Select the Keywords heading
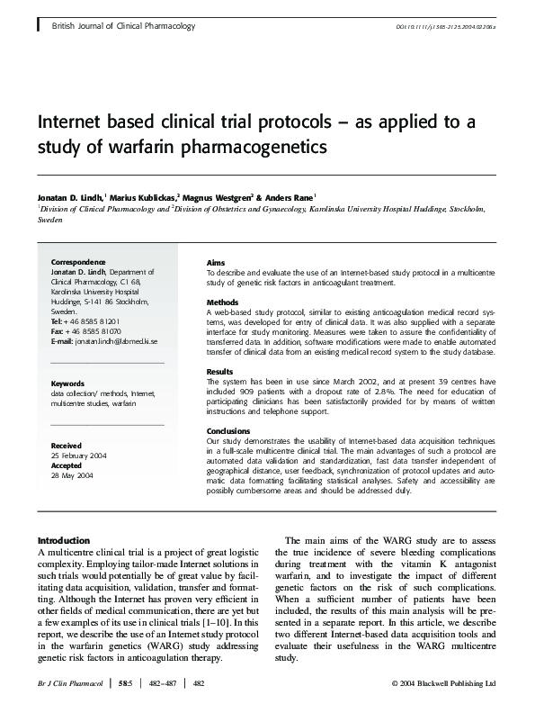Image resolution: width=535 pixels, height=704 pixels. [x=67, y=384]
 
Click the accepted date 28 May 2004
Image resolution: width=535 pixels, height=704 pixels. [x=75, y=474]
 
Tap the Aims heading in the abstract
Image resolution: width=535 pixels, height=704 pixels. [x=216, y=261]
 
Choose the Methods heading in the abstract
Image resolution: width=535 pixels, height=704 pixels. [x=222, y=302]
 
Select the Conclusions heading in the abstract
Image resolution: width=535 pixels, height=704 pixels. [x=228, y=431]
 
